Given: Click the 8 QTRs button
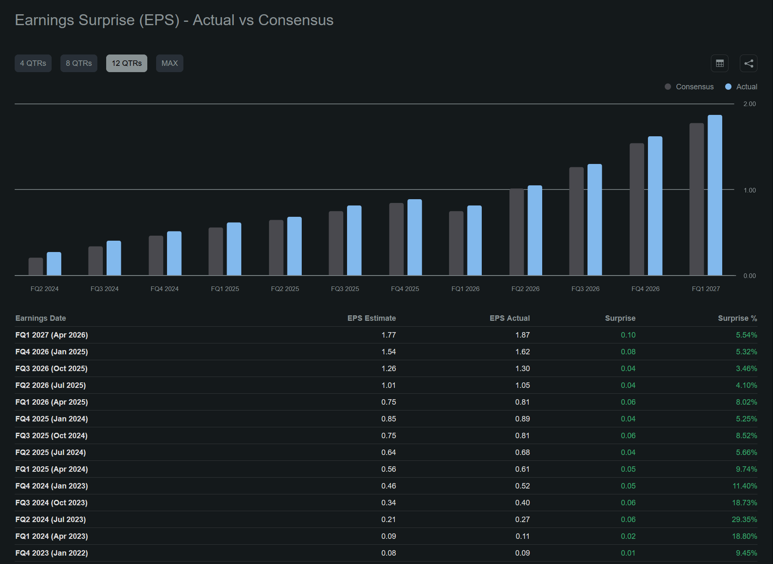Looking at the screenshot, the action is click(79, 63).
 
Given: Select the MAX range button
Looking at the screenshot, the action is click(170, 63).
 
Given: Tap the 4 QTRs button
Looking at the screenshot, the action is click(33, 63).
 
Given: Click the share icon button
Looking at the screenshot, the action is click(749, 63).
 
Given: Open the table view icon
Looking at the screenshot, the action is click(720, 63).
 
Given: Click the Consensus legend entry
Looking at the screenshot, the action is click(689, 87).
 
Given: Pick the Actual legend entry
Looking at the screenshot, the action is click(741, 87).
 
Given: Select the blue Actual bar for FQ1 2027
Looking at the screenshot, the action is click(715, 195).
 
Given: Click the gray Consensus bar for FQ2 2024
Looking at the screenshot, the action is click(36, 267).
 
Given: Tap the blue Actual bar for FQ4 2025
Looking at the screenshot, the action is click(415, 237).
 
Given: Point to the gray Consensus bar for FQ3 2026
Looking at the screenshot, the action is click(577, 221).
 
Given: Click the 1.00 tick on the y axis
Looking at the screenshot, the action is click(749, 190).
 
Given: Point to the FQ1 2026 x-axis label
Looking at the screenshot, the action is click(465, 289).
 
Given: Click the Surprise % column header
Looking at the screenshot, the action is click(737, 318).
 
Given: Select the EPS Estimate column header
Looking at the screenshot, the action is click(371, 318).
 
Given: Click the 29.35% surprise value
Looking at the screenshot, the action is click(744, 520).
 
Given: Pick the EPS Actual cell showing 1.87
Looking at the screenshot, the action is click(522, 335).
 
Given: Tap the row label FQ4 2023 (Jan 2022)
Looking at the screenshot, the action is click(52, 553).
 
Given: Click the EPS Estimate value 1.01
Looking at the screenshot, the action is click(389, 385).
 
